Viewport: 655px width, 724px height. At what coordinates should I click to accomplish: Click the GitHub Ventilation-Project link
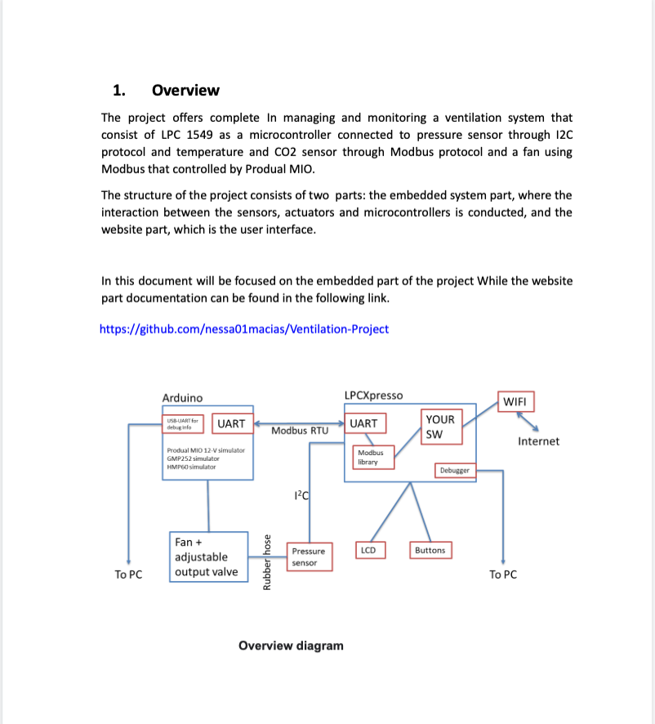point(244,329)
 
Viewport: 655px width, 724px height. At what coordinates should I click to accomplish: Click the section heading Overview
point(185,90)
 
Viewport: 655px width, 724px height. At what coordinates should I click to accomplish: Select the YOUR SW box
point(442,427)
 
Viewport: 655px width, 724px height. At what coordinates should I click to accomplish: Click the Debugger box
point(455,471)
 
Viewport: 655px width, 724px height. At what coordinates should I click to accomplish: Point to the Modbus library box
point(372,457)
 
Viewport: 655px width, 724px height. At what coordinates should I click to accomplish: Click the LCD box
point(368,550)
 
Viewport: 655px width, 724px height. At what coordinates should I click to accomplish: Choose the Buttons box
point(430,550)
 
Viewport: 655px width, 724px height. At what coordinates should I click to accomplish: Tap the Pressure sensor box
point(308,556)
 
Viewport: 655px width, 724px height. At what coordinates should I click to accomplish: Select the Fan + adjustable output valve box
point(209,556)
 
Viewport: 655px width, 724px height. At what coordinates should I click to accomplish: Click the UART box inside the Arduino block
point(231,423)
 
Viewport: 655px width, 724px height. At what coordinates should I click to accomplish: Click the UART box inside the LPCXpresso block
point(363,423)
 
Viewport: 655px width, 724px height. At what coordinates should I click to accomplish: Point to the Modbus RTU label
point(299,431)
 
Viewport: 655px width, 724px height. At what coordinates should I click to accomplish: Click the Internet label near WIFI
point(539,441)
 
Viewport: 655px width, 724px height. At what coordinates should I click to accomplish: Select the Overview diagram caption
point(291,646)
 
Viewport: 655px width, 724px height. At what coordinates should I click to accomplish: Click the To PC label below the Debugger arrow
point(503,574)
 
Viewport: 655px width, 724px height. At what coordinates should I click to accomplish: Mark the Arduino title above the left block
point(182,397)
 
